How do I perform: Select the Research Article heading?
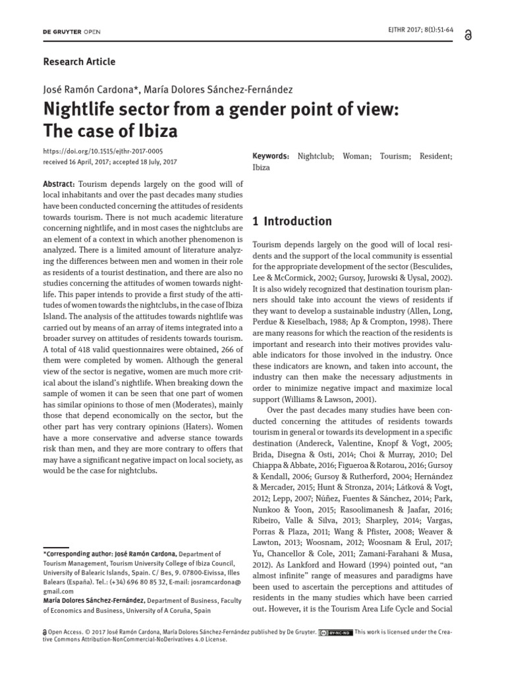(x=79, y=62)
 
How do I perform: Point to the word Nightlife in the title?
(x=81, y=108)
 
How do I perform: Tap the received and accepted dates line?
(x=109, y=161)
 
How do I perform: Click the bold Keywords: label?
(x=271, y=156)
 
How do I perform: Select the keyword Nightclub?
(x=316, y=156)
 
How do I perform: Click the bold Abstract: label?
(x=59, y=184)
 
